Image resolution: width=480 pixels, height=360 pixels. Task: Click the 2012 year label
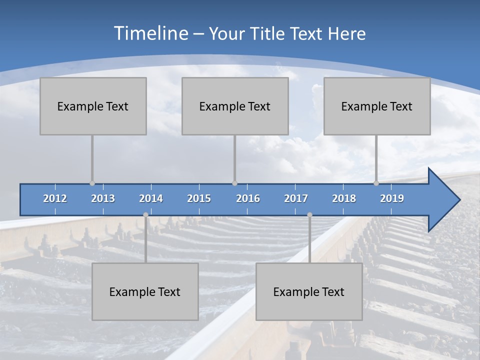click(55, 198)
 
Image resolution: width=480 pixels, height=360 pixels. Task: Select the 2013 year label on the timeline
click(103, 198)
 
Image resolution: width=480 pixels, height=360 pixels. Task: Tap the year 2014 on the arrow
click(151, 198)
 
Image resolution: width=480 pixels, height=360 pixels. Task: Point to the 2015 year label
click(199, 198)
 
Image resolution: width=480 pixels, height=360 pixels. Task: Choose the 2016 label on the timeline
click(248, 198)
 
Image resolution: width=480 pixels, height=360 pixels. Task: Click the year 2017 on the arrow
click(296, 198)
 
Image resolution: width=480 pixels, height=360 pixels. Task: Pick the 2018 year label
click(344, 198)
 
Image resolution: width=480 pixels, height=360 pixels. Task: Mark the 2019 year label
click(392, 198)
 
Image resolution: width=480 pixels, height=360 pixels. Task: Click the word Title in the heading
click(269, 34)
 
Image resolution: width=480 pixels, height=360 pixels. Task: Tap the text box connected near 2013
click(93, 106)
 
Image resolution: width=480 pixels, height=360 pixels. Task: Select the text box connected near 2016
click(235, 106)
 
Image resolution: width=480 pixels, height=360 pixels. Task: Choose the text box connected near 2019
click(377, 106)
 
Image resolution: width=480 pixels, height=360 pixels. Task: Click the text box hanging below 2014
click(145, 291)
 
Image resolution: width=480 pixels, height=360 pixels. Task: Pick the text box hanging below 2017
click(309, 291)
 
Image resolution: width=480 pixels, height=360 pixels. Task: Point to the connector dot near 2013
click(92, 183)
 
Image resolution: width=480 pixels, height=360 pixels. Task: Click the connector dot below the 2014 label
click(145, 215)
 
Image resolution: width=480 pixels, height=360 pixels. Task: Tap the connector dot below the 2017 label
click(309, 215)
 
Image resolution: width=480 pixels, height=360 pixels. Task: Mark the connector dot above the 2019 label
click(376, 183)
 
